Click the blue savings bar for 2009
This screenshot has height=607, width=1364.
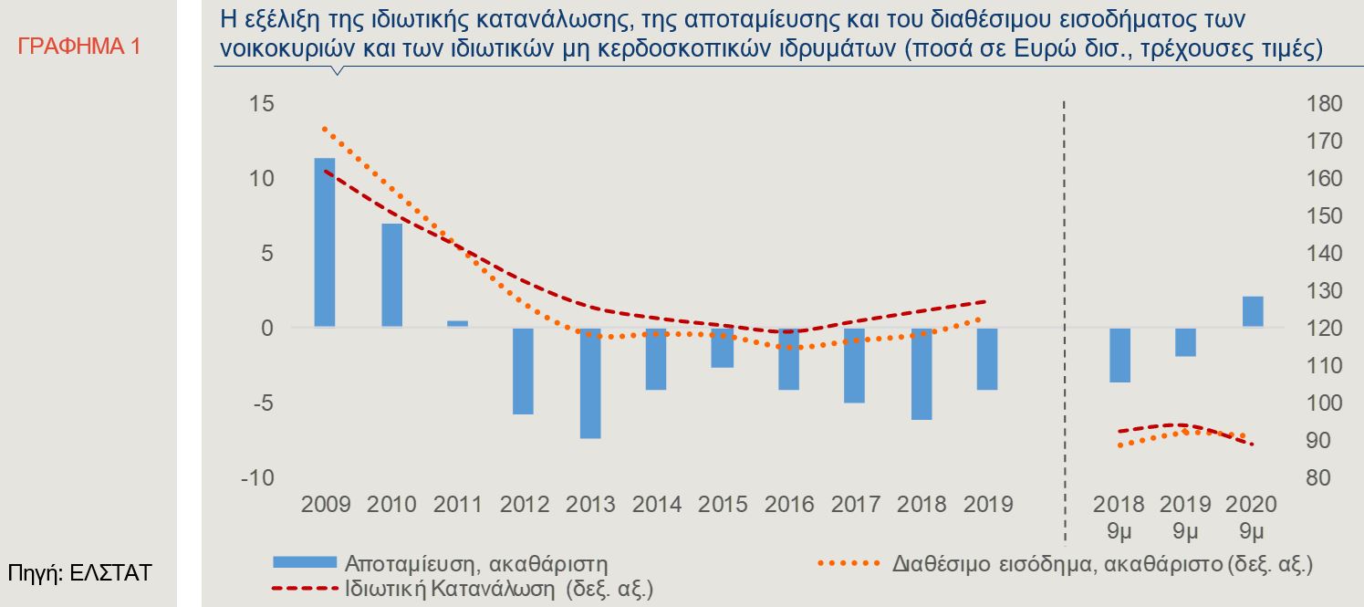[x=325, y=242]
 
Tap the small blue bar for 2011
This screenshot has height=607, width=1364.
[x=457, y=323]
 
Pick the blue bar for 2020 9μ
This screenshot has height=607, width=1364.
[x=1252, y=311]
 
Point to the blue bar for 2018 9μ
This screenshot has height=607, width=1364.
[x=1119, y=354]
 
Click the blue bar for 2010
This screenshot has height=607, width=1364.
[x=391, y=275]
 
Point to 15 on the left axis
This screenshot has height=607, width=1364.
[x=262, y=104]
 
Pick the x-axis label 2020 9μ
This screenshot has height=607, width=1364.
[x=1252, y=516]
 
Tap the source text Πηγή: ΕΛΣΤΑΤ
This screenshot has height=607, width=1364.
[x=79, y=573]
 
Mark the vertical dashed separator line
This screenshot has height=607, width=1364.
[x=1065, y=319]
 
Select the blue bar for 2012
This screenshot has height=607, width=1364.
[x=523, y=371]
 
